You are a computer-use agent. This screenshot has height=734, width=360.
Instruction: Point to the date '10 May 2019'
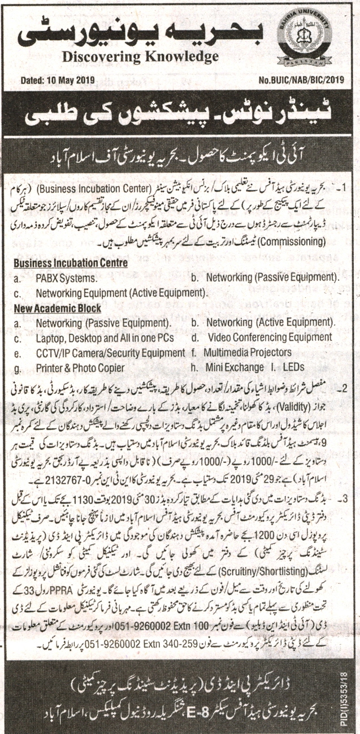click(73, 80)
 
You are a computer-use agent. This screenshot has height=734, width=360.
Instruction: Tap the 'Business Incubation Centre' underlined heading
click(71, 263)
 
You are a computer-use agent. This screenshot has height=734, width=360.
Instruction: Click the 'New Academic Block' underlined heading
click(58, 309)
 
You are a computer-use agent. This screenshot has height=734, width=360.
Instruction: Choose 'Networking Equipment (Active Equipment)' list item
click(120, 294)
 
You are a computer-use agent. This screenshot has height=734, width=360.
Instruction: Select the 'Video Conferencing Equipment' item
click(270, 338)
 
